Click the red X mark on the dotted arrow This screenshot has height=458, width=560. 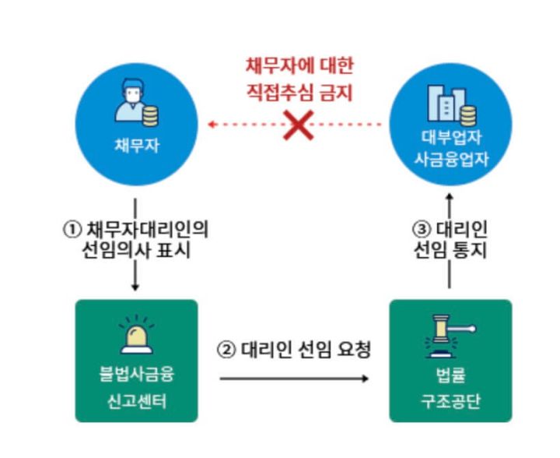click(297, 125)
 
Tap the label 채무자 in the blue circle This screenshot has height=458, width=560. click(136, 145)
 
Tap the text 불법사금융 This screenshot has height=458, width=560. click(136, 375)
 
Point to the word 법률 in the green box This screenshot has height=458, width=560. click(450, 375)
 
